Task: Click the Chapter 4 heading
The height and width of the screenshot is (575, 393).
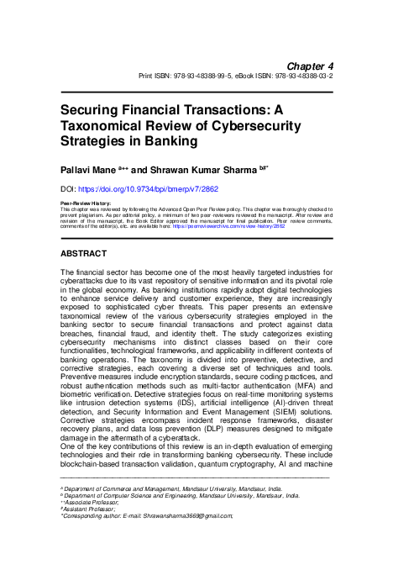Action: [x=311, y=65]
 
